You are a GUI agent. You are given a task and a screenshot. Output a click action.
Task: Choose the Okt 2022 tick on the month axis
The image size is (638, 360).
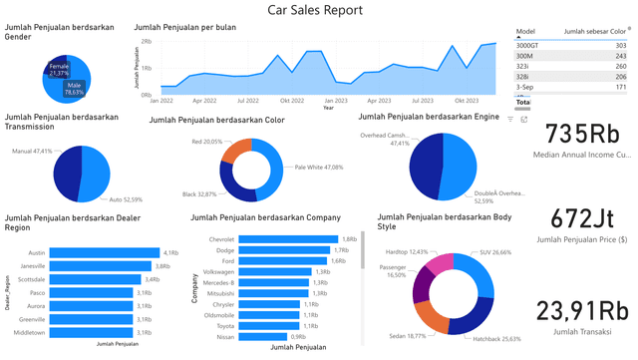(292, 101)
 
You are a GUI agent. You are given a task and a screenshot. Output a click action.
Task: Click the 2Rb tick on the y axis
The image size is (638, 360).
(146, 42)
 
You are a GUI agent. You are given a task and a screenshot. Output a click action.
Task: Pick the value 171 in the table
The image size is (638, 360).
(620, 88)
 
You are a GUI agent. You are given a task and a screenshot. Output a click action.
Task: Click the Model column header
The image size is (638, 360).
(525, 32)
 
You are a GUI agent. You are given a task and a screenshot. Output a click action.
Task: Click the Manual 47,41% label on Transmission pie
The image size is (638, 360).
(31, 152)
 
